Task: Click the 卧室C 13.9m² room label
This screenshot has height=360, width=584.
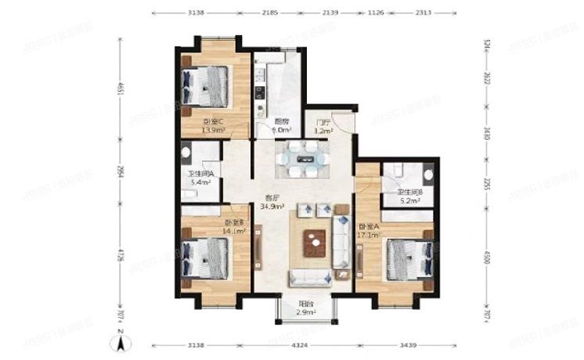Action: click(x=212, y=126)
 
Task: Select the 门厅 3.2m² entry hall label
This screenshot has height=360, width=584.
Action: click(x=321, y=128)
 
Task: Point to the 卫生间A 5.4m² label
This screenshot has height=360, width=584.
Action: click(x=200, y=178)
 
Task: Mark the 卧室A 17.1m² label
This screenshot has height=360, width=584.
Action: click(x=369, y=228)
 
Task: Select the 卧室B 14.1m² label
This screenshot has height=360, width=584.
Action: click(x=234, y=227)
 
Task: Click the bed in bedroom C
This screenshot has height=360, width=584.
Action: click(x=206, y=84)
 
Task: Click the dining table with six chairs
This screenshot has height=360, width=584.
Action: click(x=301, y=159)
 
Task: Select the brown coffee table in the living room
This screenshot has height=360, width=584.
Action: click(x=315, y=243)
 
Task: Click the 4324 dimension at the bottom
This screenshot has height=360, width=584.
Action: click(x=305, y=344)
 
